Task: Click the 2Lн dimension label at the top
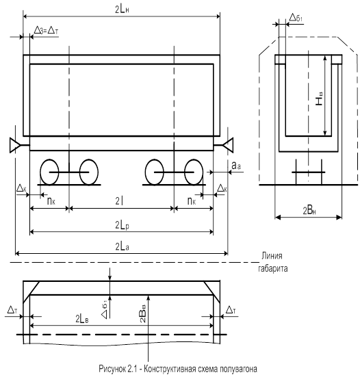point(122,10)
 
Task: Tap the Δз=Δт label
point(46,31)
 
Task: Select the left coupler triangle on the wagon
point(14,145)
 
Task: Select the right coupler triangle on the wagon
point(228,145)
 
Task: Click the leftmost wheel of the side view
point(49,172)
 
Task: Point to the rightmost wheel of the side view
point(194,172)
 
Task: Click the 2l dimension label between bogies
point(120,200)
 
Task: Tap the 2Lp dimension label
point(122,225)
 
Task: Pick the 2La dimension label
point(122,247)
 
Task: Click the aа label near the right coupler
point(236,166)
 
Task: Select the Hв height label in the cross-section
point(319,99)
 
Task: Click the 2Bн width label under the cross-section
point(309,211)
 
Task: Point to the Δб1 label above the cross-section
point(296,18)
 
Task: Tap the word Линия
point(272,256)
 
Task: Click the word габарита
point(272,268)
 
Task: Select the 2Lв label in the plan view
point(82,319)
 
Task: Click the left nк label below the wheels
point(51,200)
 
